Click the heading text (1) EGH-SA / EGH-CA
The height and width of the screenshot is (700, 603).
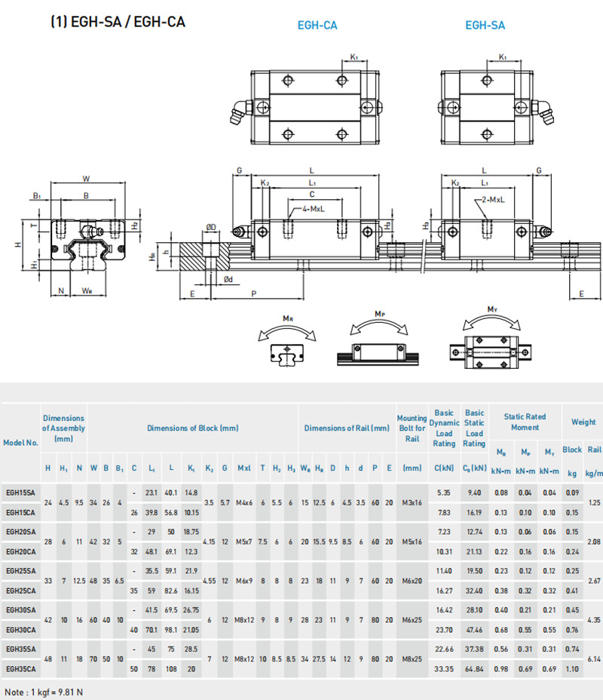117,23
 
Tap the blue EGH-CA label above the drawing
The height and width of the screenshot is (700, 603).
317,26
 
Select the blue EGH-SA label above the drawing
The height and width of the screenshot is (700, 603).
485,26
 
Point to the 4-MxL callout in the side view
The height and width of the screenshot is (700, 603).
315,208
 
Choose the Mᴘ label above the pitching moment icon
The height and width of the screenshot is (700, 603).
380,312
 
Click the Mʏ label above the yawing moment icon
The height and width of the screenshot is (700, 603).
492,309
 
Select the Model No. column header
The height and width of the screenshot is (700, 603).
20,443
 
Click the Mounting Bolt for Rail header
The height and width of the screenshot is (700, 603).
412,428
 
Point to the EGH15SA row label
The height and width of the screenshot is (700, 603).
20,492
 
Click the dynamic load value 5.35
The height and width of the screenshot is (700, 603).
444,492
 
